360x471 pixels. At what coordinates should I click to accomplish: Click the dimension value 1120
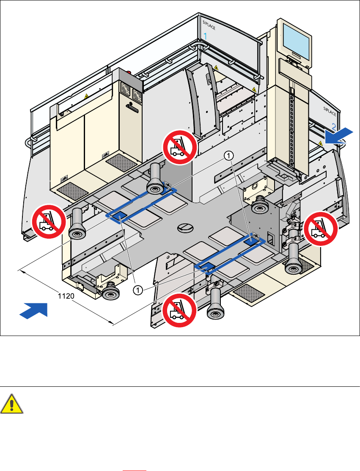pyautogui.click(x=66, y=297)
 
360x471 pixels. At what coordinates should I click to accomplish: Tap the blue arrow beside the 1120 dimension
pyautogui.click(x=33, y=308)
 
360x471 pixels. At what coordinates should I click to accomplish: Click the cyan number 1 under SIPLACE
pyautogui.click(x=206, y=37)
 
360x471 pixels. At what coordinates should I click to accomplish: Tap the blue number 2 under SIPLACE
pyautogui.click(x=334, y=126)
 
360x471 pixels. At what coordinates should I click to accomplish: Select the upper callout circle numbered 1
pyautogui.click(x=228, y=156)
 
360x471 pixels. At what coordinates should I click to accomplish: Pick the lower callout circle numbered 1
pyautogui.click(x=137, y=290)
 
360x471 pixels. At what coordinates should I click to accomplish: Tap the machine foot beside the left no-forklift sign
pyautogui.click(x=77, y=224)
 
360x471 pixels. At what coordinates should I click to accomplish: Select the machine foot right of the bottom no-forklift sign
pyautogui.click(x=215, y=305)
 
